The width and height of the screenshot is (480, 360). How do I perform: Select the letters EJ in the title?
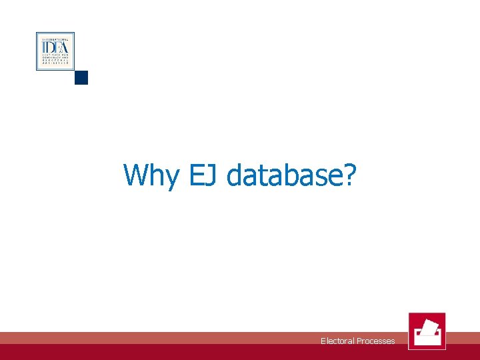point(202,175)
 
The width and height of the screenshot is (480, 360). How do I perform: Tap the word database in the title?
point(283,175)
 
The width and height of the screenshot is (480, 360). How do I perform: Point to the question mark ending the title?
point(350,175)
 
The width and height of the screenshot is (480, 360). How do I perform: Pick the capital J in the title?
point(213,175)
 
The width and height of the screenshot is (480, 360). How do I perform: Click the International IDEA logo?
point(55,51)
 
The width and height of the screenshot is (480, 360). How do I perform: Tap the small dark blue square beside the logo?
point(81,77)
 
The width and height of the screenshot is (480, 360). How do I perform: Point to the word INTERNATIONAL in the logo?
point(55,39)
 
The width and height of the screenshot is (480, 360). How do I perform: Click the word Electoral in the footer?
point(337,341)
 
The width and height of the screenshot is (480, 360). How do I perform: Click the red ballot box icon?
point(427,331)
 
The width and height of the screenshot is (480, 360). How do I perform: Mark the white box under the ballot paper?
point(427,338)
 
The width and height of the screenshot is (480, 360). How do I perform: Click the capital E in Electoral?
point(323,341)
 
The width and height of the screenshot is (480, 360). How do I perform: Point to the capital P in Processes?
point(359,341)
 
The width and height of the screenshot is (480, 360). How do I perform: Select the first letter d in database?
point(235,175)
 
